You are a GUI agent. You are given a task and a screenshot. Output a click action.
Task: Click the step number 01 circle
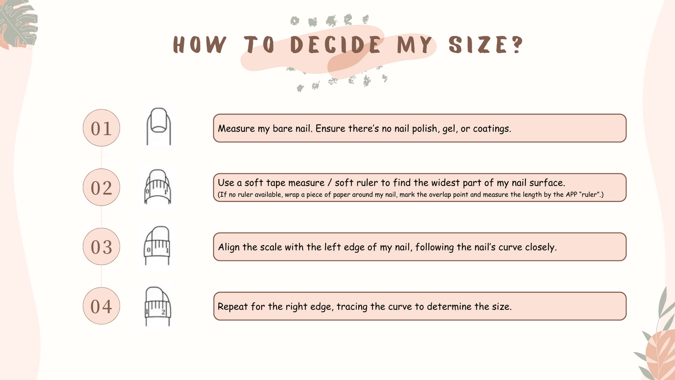click(x=101, y=128)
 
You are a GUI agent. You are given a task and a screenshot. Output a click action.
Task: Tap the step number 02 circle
click(x=101, y=187)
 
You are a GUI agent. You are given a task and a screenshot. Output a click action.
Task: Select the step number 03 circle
click(x=101, y=247)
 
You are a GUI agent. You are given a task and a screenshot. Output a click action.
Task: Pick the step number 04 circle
click(x=101, y=306)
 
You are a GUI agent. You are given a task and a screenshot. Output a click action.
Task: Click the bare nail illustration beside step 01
click(x=158, y=126)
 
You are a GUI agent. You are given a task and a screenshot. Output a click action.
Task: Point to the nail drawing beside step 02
click(x=157, y=187)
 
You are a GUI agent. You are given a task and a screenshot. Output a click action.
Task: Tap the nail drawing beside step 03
click(x=156, y=246)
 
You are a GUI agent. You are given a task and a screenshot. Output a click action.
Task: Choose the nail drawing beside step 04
click(x=157, y=306)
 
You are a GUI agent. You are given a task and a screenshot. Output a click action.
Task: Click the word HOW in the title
click(x=199, y=44)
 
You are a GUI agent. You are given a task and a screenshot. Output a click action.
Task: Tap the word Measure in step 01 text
click(x=236, y=129)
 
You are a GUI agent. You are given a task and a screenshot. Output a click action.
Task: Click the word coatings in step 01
click(x=492, y=129)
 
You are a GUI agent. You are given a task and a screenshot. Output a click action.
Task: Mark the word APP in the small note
click(x=571, y=194)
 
